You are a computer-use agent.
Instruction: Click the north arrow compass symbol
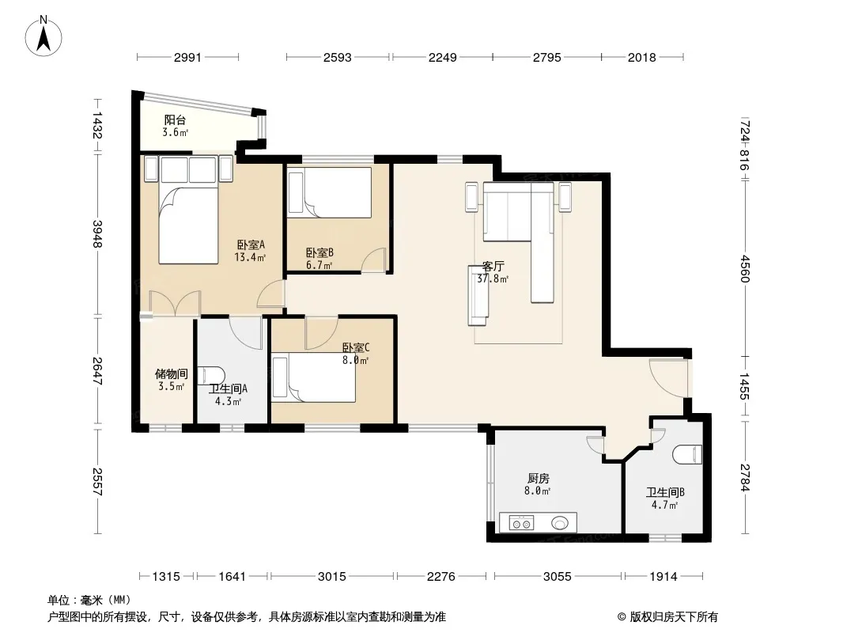(43, 36)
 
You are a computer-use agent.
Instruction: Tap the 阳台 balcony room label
(176, 120)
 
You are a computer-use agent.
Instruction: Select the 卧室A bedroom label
(251, 244)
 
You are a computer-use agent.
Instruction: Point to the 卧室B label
(320, 252)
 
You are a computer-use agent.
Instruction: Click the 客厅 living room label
(493, 266)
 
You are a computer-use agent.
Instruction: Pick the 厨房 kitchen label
(539, 478)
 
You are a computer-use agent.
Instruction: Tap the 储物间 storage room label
(172, 373)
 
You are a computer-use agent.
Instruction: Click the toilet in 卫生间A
(210, 375)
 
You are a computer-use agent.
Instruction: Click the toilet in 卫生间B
(687, 454)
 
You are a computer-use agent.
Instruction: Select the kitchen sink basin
(560, 522)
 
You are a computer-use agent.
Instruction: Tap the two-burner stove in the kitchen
(521, 522)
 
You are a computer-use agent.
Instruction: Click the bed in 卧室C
(314, 377)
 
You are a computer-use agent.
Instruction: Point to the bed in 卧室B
(330, 192)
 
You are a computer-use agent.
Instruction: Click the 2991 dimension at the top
(187, 57)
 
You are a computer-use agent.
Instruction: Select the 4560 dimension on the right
(744, 268)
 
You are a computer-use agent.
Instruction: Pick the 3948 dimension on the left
(97, 234)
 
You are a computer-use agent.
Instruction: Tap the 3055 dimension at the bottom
(557, 577)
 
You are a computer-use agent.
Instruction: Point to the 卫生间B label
(665, 492)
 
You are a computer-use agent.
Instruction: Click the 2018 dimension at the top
(642, 57)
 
